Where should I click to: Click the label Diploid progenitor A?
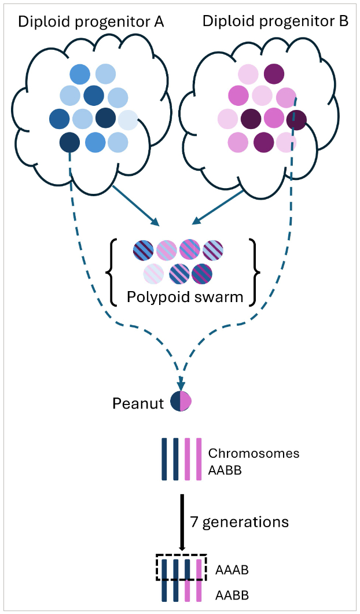(x=91, y=23)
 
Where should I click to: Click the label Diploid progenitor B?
(x=275, y=22)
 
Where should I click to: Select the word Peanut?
(x=138, y=402)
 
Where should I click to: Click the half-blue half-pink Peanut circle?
(x=181, y=401)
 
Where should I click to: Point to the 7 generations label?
(x=239, y=521)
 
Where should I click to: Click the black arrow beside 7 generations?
(x=182, y=521)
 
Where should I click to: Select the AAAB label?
(x=232, y=570)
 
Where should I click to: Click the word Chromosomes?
(x=254, y=453)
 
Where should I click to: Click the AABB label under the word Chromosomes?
(x=225, y=470)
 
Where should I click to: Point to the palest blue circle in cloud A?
(x=127, y=119)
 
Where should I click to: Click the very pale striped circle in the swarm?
(x=153, y=274)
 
